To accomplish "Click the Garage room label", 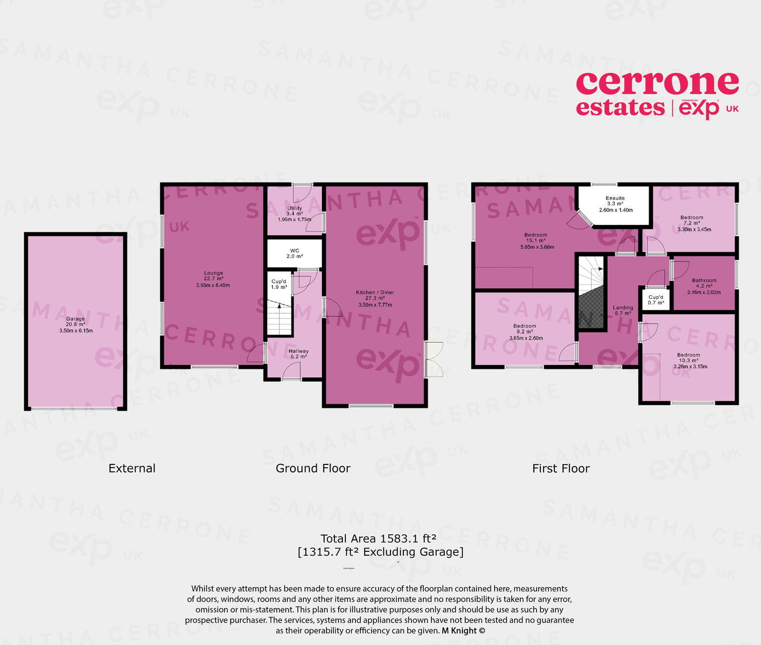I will tap(76, 319).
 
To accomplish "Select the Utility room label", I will tap(294, 208).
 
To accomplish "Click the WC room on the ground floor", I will tap(294, 253).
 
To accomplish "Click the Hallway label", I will tap(298, 351).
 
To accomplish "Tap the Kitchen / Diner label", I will tap(375, 292).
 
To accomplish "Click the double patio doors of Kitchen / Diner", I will tap(434, 359).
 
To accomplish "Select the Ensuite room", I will tap(615, 204).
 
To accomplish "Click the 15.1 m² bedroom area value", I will tap(536, 241).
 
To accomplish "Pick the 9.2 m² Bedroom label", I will tap(525, 326).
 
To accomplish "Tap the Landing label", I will tap(623, 308).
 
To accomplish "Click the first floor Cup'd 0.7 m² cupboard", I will tap(655, 300).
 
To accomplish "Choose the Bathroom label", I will tap(704, 280).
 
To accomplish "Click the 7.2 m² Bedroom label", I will tap(692, 217).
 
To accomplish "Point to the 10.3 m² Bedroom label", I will tap(688, 355).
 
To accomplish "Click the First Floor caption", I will tap(561, 469).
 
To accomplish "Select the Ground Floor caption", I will tap(313, 469).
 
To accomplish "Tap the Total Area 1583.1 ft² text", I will tap(378, 539).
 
